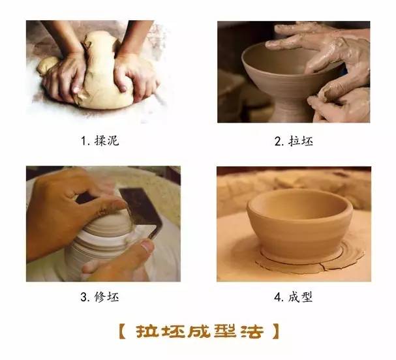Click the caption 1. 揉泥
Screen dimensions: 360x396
(x=99, y=140)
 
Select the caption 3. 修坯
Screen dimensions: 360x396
(x=99, y=297)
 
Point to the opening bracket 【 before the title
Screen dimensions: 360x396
(x=124, y=331)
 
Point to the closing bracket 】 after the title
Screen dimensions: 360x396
(x=275, y=331)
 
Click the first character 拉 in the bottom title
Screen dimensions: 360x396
(x=147, y=331)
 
